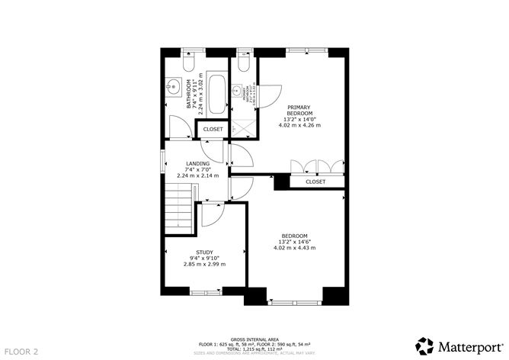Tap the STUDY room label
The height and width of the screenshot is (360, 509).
(204, 252)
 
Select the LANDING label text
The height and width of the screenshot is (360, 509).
(198, 163)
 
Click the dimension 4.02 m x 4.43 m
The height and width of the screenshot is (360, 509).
(294, 248)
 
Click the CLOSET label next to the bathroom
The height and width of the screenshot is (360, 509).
(213, 130)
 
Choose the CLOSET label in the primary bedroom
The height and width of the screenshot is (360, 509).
(315, 182)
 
